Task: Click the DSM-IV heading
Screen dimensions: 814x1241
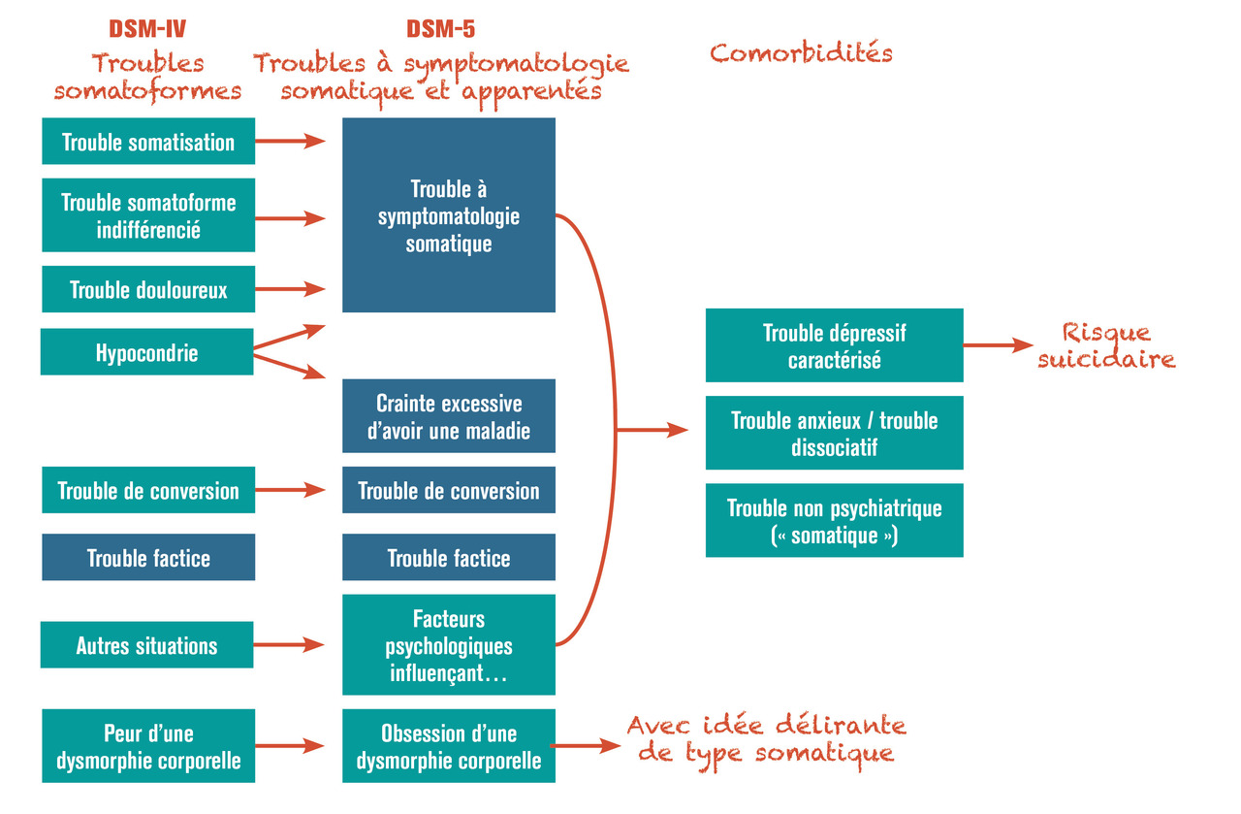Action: coord(148,29)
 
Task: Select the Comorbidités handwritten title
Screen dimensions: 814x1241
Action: coord(801,52)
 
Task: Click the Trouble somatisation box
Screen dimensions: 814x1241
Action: coord(148,142)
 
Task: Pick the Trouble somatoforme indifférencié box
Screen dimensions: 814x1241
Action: coord(148,216)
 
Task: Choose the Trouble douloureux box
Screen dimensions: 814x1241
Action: coord(148,289)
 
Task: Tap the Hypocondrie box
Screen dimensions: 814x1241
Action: coord(146,352)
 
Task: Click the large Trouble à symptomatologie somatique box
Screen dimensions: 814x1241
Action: coord(449,215)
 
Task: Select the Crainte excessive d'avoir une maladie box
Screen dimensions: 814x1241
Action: coord(449,416)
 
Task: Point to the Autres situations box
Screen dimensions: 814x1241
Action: coord(147,645)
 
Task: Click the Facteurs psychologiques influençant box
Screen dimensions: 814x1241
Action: coord(449,645)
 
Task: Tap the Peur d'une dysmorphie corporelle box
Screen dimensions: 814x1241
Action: coord(148,746)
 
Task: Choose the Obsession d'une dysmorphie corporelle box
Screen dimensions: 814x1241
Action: coord(449,746)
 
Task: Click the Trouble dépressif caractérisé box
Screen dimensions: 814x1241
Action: coord(835,345)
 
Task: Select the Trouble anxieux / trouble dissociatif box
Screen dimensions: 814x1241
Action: coord(835,433)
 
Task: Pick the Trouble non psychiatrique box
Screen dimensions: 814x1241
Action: coord(835,521)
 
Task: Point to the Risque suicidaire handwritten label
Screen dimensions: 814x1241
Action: coord(1106,345)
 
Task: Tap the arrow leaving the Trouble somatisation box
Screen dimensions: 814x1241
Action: coord(289,142)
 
